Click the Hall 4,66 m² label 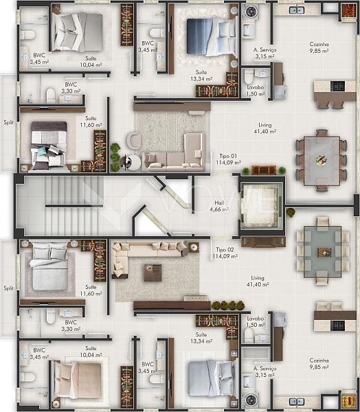pos(219,206)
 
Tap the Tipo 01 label pos(228,156)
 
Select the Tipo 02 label pos(225,249)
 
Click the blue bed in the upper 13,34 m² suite pos(211,37)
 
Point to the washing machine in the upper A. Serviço pos(249,12)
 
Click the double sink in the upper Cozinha pos(297,10)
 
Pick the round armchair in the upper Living pos(135,140)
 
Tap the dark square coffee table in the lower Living pos(153,273)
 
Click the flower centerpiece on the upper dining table pos(321,159)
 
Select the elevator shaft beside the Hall pos(260,205)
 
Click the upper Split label pos(8,122)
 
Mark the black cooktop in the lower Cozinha pos(337,325)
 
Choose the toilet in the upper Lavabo pos(249,76)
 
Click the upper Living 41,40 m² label pos(265,128)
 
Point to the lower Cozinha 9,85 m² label pos(319,364)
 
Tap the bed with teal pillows pos(49,146)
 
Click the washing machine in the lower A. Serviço pos(251,400)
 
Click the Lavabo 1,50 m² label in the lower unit pos(256,321)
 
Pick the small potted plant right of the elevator pos(291,213)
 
